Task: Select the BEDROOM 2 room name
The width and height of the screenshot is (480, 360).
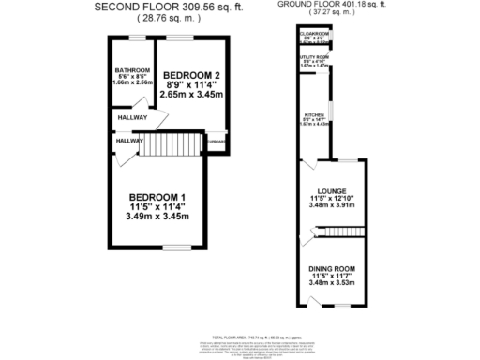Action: click(190, 75)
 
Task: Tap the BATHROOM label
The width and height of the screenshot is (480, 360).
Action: click(131, 69)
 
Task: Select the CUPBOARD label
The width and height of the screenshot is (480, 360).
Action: click(217, 142)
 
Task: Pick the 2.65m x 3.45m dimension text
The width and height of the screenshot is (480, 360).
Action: click(190, 95)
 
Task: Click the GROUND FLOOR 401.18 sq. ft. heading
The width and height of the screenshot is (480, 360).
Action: click(330, 6)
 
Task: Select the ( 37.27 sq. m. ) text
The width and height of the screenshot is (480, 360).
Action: click(330, 17)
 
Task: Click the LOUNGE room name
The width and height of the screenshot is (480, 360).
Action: click(332, 190)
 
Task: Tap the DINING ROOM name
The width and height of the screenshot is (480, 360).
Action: click(332, 268)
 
